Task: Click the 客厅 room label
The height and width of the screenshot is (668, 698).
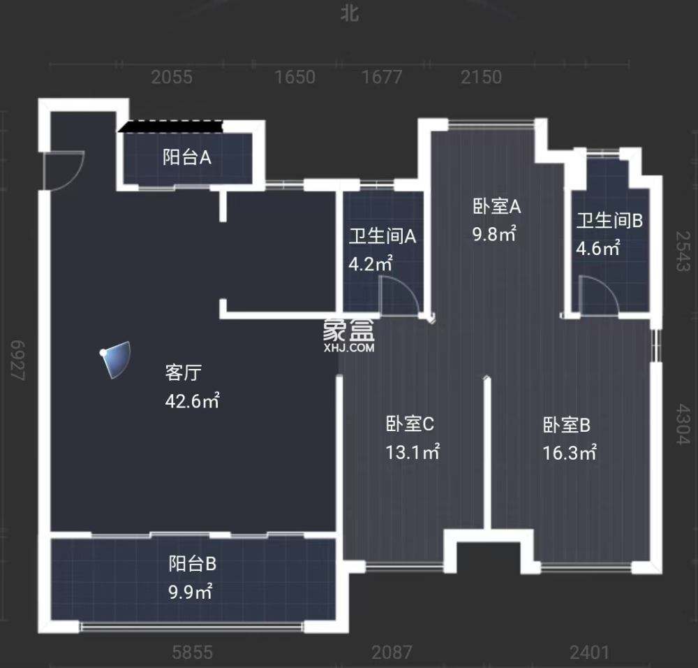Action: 183,373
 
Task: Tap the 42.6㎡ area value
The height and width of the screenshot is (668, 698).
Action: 193,402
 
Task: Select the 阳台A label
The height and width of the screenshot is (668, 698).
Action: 186,157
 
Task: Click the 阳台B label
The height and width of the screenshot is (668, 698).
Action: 192,563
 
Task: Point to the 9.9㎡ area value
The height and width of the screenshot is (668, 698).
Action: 190,593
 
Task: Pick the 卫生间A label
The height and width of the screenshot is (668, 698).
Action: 383,236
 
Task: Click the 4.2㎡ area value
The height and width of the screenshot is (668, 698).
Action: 371,264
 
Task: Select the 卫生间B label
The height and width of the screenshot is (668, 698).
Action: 609,221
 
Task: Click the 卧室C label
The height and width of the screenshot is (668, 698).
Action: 410,423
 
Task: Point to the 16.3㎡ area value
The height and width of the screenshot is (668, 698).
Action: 569,453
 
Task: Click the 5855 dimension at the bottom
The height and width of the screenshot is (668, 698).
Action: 192,653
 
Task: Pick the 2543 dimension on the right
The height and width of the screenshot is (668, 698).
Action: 682,253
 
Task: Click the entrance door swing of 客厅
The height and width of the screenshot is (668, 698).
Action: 63,170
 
